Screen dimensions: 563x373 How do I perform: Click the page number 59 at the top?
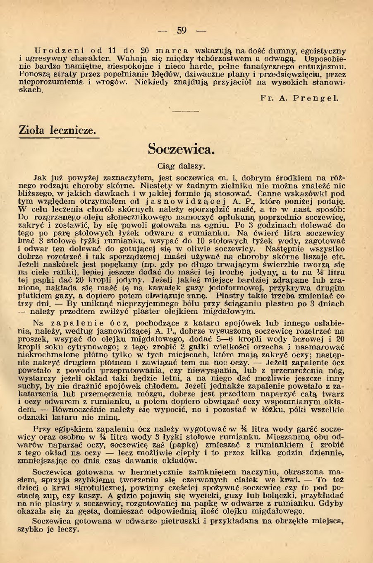(182, 30)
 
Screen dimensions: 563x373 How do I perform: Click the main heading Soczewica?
(182, 149)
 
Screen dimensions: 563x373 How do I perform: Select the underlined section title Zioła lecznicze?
(57, 130)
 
